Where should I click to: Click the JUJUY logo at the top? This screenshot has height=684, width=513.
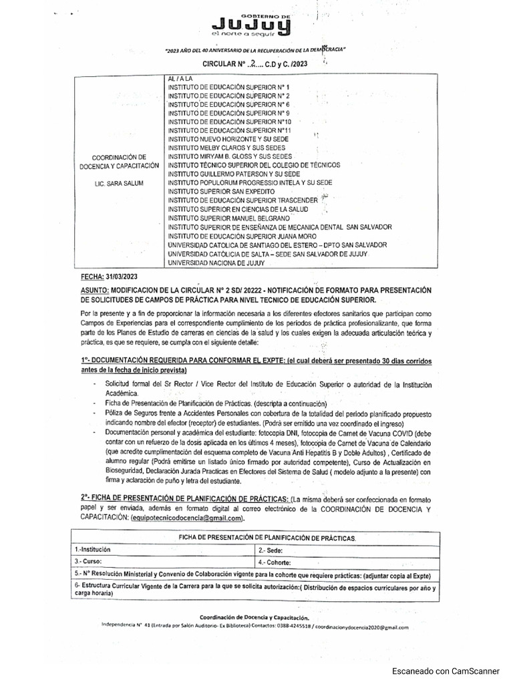click(250, 24)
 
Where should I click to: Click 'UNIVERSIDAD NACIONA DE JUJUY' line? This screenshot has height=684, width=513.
click(216, 263)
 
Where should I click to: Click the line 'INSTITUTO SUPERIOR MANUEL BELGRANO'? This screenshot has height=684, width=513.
click(228, 218)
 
